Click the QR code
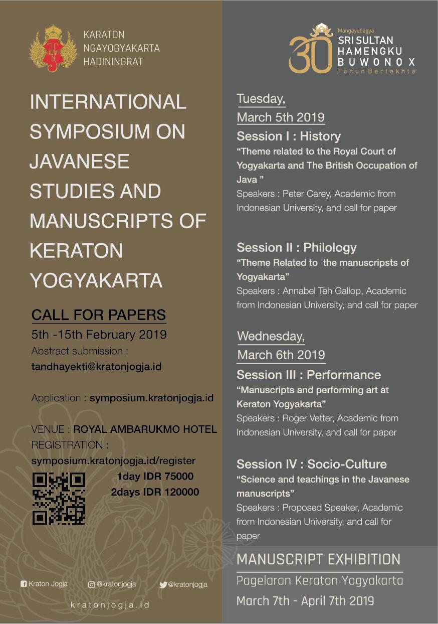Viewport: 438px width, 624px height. coord(59,499)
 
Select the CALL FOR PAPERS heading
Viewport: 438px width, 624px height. coord(98,315)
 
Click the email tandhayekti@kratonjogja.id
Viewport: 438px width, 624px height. coord(96,367)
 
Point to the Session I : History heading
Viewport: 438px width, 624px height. coord(289,136)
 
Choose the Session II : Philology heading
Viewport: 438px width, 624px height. coord(297,248)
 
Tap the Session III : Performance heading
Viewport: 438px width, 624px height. coord(309,375)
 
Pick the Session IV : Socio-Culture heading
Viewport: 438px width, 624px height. coord(312,464)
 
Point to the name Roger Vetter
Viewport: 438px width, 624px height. coord(307,418)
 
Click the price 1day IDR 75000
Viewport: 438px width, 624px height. coord(155,477)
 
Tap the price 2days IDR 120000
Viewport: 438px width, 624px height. coord(155,492)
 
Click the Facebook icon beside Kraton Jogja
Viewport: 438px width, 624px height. coord(24,584)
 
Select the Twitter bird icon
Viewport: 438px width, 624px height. coord(163,584)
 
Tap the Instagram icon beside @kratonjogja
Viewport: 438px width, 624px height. coord(91,584)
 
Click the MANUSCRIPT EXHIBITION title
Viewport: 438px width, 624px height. coord(319,559)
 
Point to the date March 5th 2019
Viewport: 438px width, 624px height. coord(281,117)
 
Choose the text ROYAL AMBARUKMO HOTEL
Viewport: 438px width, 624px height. coord(145,429)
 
